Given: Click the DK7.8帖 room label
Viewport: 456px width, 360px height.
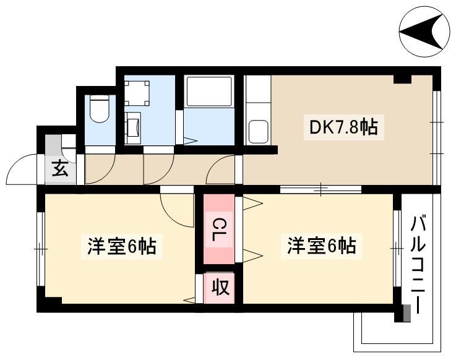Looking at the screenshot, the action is pyautogui.click(x=344, y=127).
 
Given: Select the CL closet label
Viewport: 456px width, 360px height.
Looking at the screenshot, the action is pyautogui.click(x=218, y=230).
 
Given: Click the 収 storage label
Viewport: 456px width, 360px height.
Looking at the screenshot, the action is pyautogui.click(x=220, y=286).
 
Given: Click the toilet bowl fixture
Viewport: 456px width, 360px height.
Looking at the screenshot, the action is pyautogui.click(x=99, y=108).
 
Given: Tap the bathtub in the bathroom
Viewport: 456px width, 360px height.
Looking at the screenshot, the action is pyautogui.click(x=209, y=92).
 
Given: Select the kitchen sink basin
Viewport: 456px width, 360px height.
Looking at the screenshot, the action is pyautogui.click(x=259, y=131).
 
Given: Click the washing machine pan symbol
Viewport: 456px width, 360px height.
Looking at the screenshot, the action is pyautogui.click(x=137, y=93).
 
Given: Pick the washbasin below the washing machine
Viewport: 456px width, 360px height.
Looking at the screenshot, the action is pyautogui.click(x=133, y=128).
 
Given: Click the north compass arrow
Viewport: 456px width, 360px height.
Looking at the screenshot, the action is pyautogui.click(x=421, y=32).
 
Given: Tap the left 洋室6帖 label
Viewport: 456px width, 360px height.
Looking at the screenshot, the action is pyautogui.click(x=122, y=246).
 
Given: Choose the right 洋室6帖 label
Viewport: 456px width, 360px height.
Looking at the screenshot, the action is pyautogui.click(x=322, y=246).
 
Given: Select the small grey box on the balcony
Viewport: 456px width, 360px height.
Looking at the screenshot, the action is pyautogui.click(x=407, y=313).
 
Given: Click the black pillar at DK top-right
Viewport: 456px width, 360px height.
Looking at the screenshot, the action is pyautogui.click(x=403, y=79).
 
